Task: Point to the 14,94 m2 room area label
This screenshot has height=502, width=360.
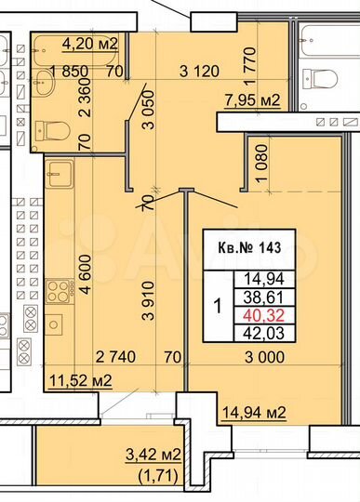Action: [x=252, y=413]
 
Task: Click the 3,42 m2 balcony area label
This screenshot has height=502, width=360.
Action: [x=153, y=456]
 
